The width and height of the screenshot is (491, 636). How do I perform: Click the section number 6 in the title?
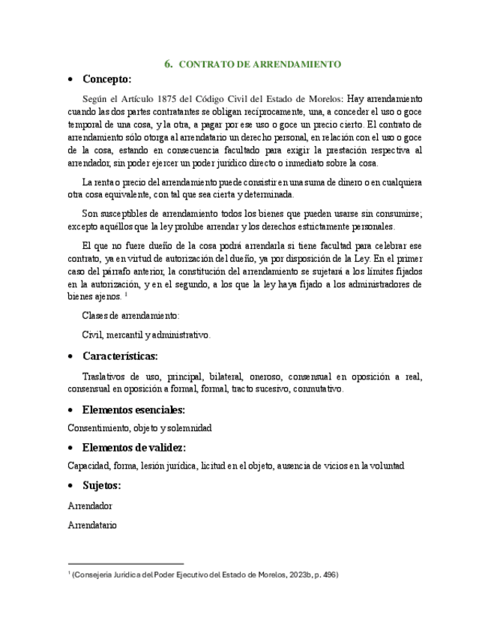pos(169,64)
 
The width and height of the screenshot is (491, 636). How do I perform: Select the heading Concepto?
pos(106,79)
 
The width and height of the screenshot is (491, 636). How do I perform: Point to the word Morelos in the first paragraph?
pos(324,98)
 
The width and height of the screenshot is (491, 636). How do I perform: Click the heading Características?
pos(120,356)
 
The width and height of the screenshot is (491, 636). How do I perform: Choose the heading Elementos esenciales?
pos(133,410)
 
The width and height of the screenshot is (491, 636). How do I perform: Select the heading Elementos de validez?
pos(134,448)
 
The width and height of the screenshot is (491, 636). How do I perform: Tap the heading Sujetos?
pos(101,485)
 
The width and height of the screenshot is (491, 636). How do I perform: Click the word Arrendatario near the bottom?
pos(91,526)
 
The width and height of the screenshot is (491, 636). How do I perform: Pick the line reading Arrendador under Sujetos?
pos(89,506)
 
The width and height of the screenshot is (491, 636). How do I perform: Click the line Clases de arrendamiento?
pos(130,316)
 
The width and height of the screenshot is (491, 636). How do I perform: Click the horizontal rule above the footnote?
pos(125,564)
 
